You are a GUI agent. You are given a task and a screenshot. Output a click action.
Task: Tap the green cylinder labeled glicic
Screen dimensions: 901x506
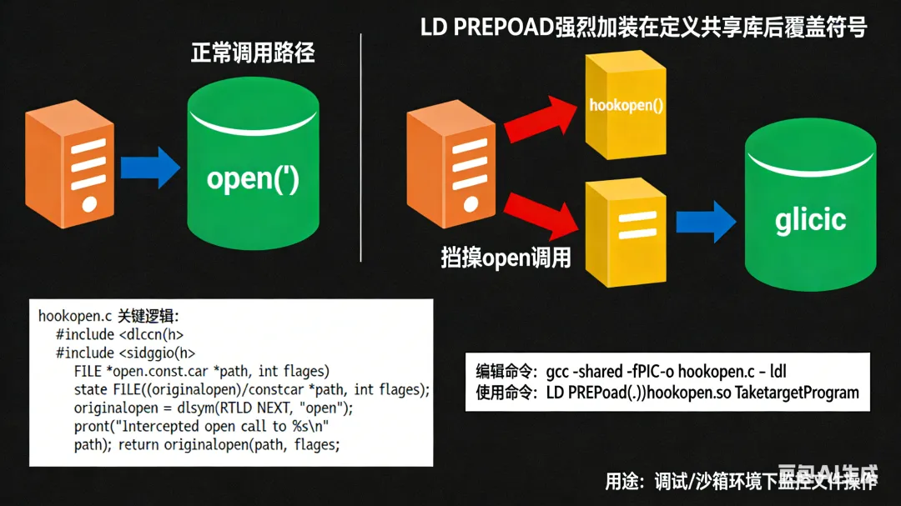coord(810,218)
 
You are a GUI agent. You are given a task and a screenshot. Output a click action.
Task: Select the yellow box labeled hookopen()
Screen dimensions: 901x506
coord(626,107)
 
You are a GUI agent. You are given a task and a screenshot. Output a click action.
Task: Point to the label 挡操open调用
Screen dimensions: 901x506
coord(506,258)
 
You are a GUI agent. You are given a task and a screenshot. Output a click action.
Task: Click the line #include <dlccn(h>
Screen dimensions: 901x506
coord(119,334)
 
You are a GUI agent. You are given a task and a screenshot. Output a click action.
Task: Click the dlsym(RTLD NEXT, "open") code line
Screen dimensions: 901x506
coord(214,408)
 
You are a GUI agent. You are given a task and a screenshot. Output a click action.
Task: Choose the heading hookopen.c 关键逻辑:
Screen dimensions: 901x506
coord(109,316)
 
